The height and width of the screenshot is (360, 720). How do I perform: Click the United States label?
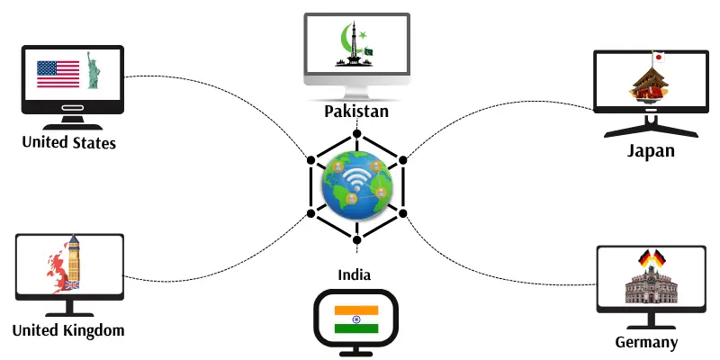coord(69,142)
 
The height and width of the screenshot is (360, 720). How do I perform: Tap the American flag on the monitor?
coord(58,74)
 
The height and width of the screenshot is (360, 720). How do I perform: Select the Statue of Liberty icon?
coord(93,71)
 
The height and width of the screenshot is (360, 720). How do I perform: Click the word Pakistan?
coord(357,112)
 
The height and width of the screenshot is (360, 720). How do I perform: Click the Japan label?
coord(650,150)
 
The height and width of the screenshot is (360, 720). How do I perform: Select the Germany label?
coord(646,342)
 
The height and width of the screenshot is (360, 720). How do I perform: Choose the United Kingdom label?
coord(68,330)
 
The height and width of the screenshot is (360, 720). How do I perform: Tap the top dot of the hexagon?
coord(357,135)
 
